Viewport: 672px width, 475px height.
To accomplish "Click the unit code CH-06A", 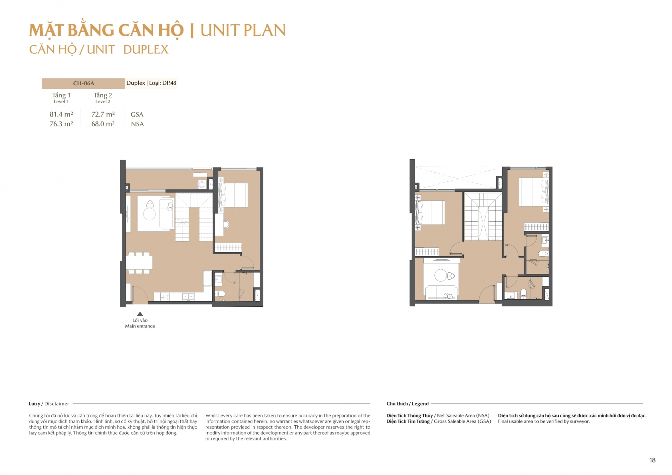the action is pyautogui.click(x=84, y=83).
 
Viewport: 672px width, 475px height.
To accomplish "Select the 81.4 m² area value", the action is pyautogui.click(x=61, y=114).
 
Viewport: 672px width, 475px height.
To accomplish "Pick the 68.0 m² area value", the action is pyautogui.click(x=103, y=124).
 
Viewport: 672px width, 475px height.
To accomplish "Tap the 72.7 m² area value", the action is pyautogui.click(x=103, y=114).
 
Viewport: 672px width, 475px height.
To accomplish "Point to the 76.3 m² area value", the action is pyautogui.click(x=61, y=124).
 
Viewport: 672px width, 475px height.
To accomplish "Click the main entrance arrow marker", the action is pyautogui.click(x=140, y=314).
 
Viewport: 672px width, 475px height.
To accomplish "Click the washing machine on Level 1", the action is pyautogui.click(x=202, y=184).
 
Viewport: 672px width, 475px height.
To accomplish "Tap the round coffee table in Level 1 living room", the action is pyautogui.click(x=149, y=214).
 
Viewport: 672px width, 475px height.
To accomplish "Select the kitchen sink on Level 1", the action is pyautogui.click(x=188, y=297).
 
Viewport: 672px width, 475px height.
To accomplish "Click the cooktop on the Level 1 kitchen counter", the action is pyautogui.click(x=165, y=297).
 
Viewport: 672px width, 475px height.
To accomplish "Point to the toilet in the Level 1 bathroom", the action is pyautogui.click(x=220, y=294).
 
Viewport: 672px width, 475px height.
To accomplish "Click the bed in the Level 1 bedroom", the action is pyautogui.click(x=233, y=195).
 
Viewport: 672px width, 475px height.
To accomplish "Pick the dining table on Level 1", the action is pyautogui.click(x=139, y=262).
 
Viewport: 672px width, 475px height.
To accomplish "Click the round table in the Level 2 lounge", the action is pyautogui.click(x=440, y=275).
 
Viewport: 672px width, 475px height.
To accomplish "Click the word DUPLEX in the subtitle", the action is pyautogui.click(x=146, y=50).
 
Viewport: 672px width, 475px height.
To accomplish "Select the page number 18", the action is pyautogui.click(x=653, y=460).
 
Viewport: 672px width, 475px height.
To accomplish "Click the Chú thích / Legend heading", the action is pyautogui.click(x=408, y=404).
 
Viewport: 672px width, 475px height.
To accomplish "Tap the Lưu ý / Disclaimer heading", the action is pyautogui.click(x=49, y=404).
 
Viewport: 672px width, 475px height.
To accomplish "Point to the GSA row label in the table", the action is pyautogui.click(x=137, y=115).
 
